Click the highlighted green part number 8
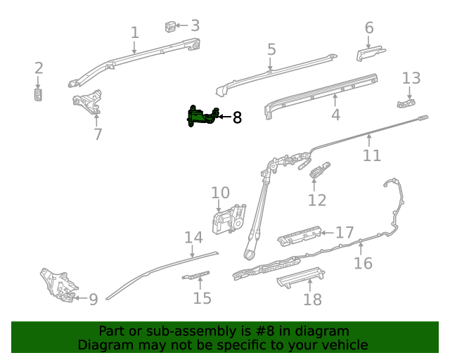pos(201,117)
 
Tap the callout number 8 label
pos(237,117)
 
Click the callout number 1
pos(134,32)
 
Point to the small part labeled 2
pos(39,95)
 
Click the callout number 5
pos(271,50)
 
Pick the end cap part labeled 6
pos(368,54)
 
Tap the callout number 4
pos(335,115)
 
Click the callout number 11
pos(371,155)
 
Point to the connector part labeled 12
pos(320,170)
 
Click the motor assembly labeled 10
pos(229,218)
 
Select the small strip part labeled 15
pos(197,275)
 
